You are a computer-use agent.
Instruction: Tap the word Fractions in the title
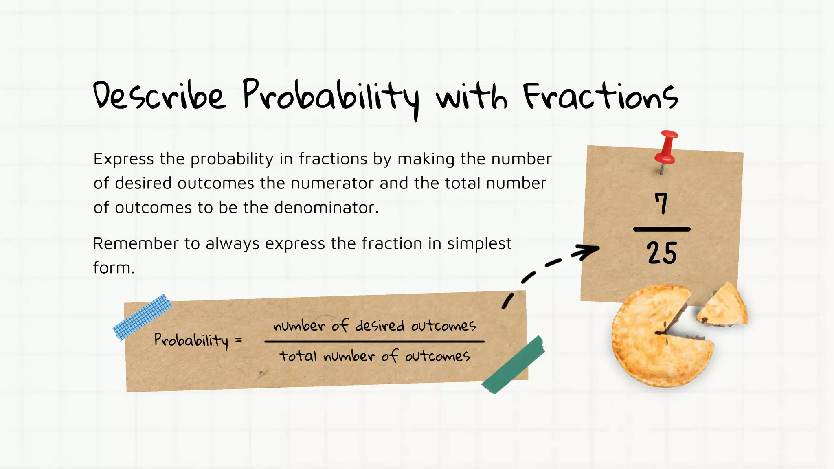tap(601, 97)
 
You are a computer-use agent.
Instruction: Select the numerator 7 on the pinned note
tap(662, 203)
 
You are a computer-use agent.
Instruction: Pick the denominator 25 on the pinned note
tap(662, 253)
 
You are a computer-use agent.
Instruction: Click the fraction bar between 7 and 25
tap(662, 230)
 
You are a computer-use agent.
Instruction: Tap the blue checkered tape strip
tap(142, 317)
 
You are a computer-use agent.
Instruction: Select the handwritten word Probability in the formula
tap(191, 340)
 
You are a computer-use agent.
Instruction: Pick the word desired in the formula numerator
tap(380, 326)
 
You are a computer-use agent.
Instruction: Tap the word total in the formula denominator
tap(298, 356)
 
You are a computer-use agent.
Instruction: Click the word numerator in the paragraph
tap(332, 184)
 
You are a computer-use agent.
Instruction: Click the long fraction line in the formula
tap(374, 342)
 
